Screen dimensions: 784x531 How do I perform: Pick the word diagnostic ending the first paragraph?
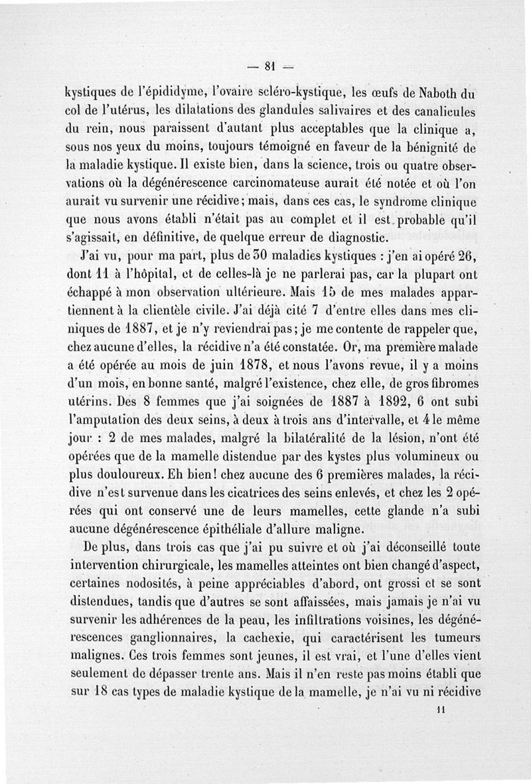tap(342, 237)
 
